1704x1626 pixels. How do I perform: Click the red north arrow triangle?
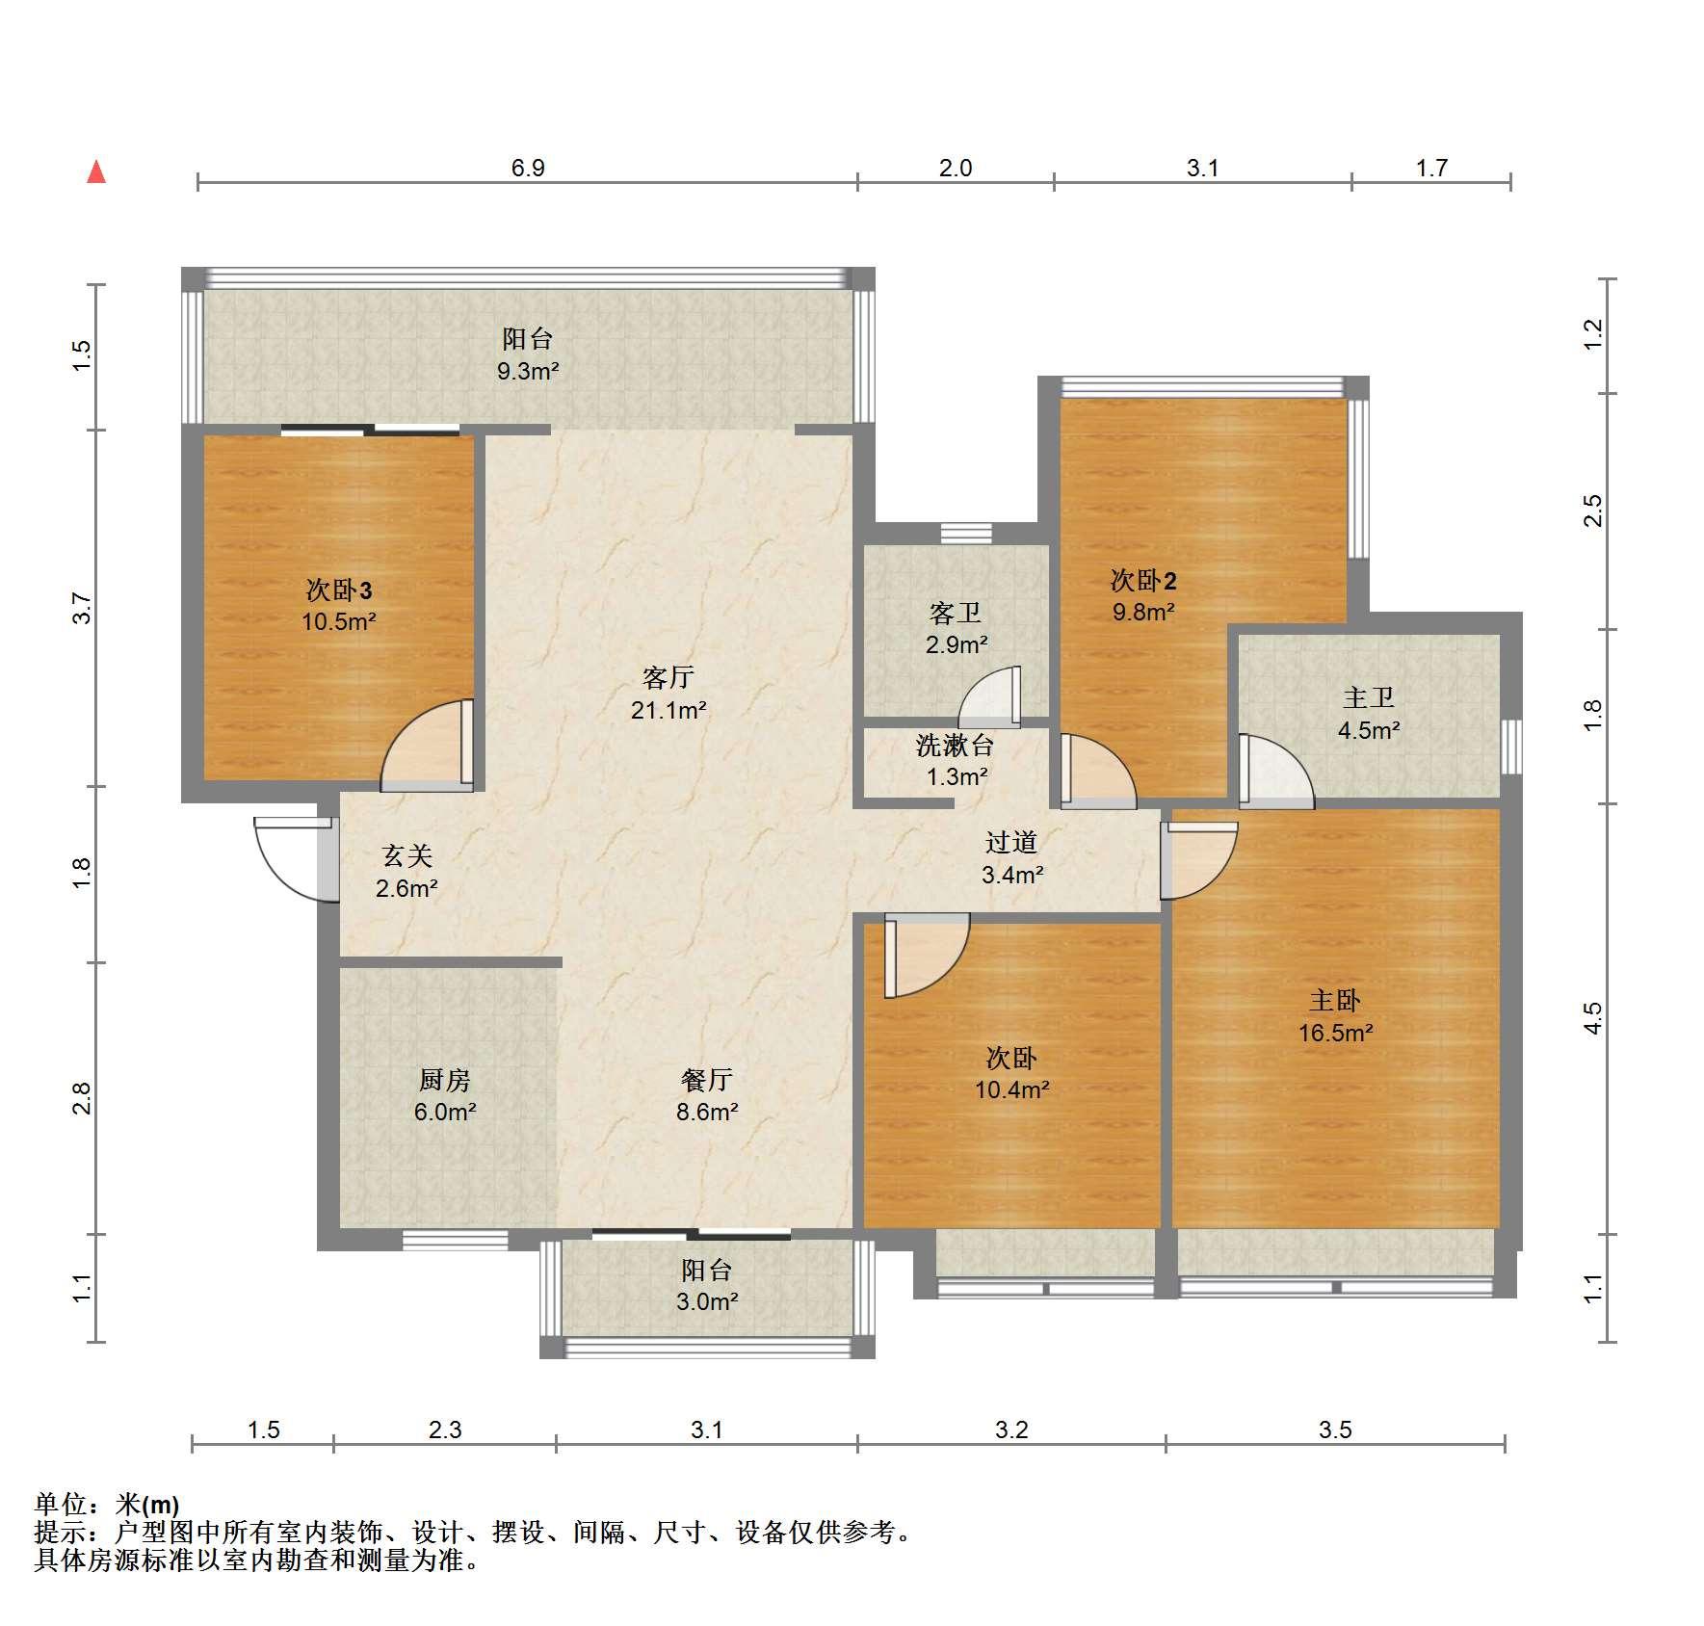point(96,172)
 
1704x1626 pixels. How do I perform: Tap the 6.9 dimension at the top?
point(528,168)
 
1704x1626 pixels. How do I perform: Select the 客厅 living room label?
point(668,677)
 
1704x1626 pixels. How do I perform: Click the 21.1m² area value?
point(668,710)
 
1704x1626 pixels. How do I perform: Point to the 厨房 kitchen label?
point(445,1080)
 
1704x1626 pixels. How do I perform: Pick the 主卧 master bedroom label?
point(1335,1001)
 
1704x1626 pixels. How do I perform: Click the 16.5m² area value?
point(1335,1033)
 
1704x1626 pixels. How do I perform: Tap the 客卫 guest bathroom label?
point(956,613)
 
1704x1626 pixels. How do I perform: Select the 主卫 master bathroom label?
point(1369,697)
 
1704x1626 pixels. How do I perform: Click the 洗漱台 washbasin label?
point(955,745)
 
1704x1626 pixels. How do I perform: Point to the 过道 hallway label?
point(1011,843)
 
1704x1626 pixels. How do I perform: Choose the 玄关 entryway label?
point(406,855)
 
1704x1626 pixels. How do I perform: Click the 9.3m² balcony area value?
point(528,370)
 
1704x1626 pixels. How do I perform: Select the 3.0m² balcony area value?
point(707,1301)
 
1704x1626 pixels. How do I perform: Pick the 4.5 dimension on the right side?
point(1593,1018)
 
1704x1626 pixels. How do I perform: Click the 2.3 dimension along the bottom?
point(445,1429)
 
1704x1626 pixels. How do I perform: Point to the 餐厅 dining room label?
point(707,1080)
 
